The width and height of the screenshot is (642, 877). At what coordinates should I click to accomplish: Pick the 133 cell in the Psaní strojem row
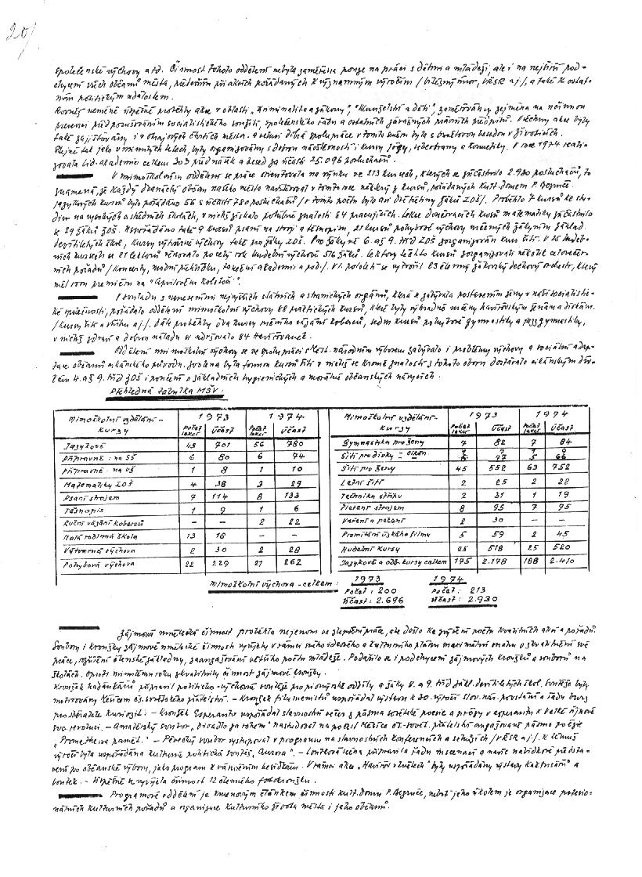294,497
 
